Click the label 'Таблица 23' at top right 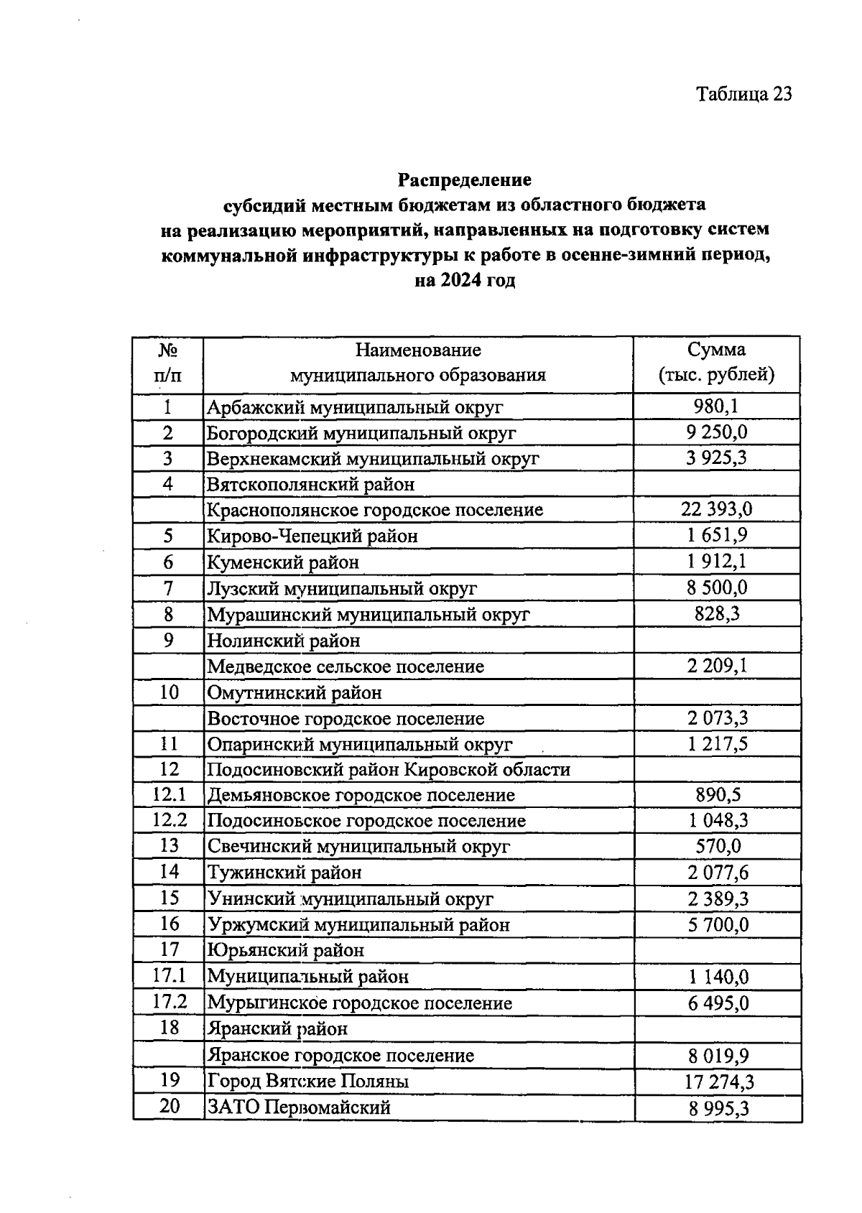[743, 94]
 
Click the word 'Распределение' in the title [465, 179]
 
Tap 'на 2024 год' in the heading [465, 281]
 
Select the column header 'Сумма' [716, 350]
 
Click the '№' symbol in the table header [168, 350]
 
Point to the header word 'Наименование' [418, 350]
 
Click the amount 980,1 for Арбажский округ [716, 407]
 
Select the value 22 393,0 [716, 510]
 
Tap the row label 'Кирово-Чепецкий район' [312, 536]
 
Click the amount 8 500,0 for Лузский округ [716, 588]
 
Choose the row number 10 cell [168, 692]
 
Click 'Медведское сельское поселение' [346, 666]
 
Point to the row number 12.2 [169, 820]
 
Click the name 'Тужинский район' [284, 873]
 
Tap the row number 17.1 [169, 976]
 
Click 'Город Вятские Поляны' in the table [308, 1082]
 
